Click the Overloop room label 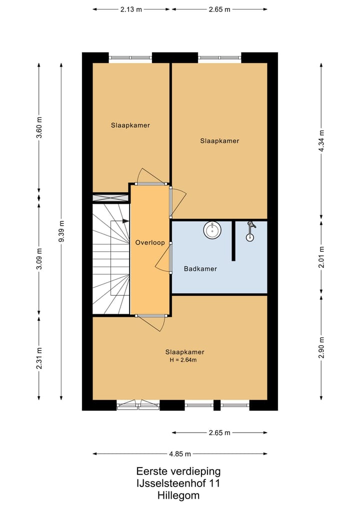point(150,243)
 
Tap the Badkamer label point(200,269)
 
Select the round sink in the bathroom point(212,230)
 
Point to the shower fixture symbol point(250,231)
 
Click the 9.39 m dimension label point(61,231)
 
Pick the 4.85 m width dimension point(180,454)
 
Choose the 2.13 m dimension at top point(131,9)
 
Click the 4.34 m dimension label point(321,140)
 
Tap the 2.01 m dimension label point(321,257)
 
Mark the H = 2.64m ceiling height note point(183,360)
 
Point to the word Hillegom point(178,496)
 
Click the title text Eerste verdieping point(178,471)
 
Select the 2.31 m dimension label point(39,358)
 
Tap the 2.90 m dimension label point(321,348)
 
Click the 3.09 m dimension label point(39,259)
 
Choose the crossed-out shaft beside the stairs point(111,198)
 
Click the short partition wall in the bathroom point(233,241)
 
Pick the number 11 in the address point(214,484)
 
